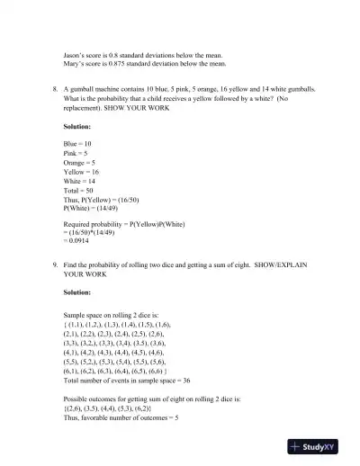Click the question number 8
(55, 90)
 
